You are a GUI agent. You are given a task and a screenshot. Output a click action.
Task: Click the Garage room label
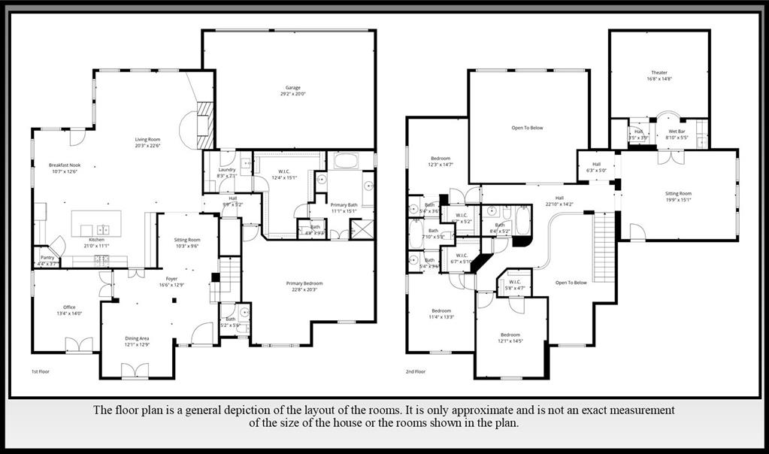click(x=293, y=88)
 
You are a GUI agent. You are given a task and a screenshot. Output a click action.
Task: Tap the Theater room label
click(x=658, y=73)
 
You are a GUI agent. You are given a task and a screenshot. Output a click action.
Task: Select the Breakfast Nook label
click(x=65, y=165)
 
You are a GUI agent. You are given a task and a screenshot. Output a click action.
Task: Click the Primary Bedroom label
click(x=304, y=283)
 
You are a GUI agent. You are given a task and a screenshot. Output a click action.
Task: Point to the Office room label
click(x=69, y=307)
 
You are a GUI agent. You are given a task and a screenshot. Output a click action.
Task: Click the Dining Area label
click(x=137, y=338)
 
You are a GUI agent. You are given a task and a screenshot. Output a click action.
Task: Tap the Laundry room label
click(x=226, y=170)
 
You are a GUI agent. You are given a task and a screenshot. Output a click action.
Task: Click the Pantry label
click(x=47, y=257)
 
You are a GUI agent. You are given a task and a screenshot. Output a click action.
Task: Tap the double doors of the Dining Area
click(x=135, y=371)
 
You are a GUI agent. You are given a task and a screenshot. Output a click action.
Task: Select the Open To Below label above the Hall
click(x=527, y=128)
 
